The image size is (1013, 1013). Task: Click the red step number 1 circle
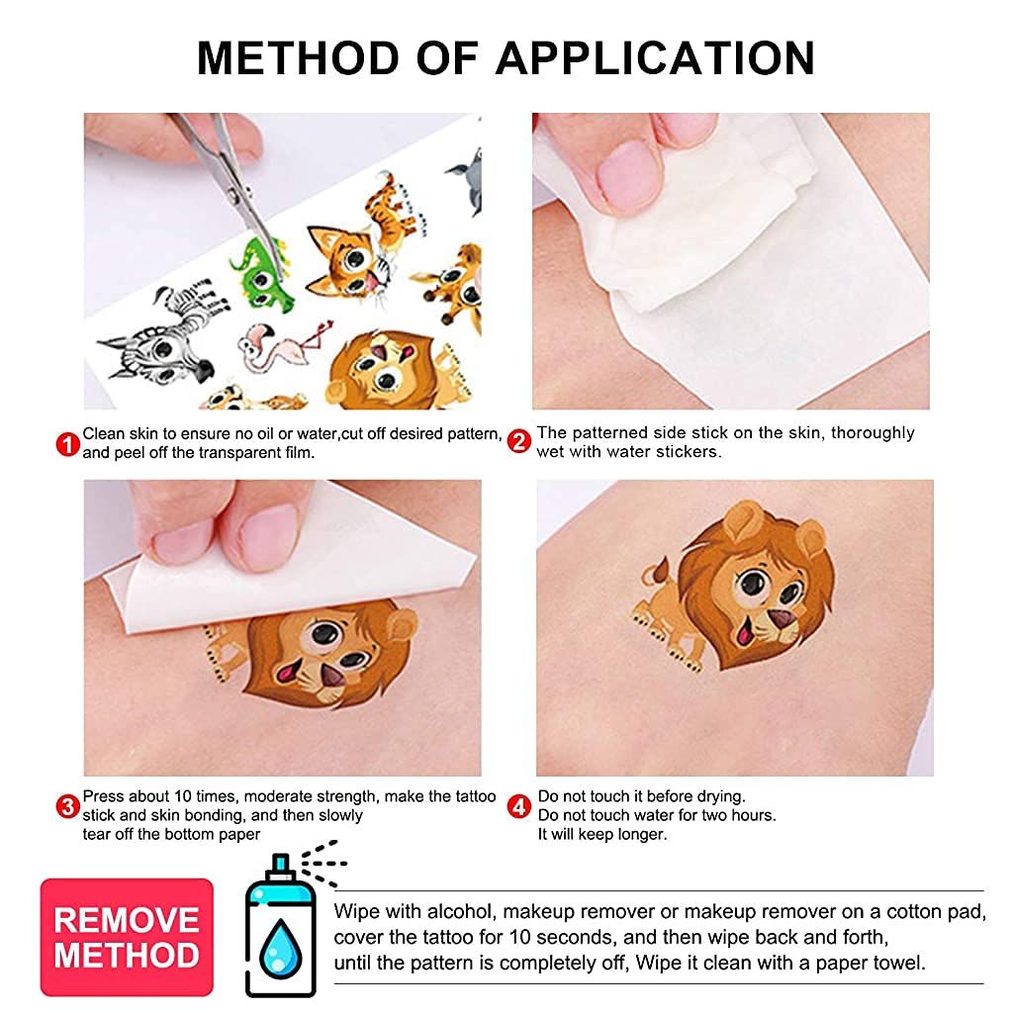[67, 445]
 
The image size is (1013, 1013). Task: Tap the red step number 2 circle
[519, 441]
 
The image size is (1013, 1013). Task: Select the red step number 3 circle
[67, 807]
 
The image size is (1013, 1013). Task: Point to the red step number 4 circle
[519, 807]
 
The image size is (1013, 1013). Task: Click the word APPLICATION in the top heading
[655, 58]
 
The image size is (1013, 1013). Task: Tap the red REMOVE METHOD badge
[127, 937]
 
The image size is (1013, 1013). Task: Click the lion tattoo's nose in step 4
[783, 620]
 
